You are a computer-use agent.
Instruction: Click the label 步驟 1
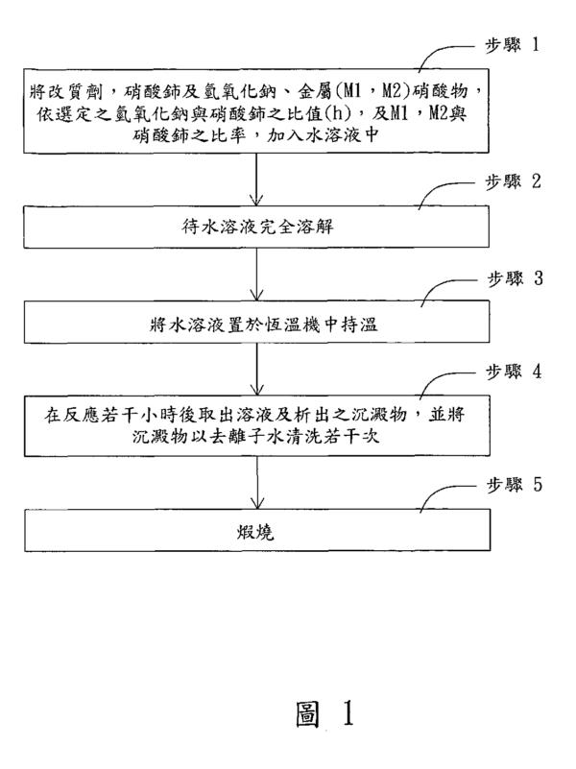pyautogui.click(x=513, y=45)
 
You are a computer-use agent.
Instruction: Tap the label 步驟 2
pyautogui.click(x=514, y=181)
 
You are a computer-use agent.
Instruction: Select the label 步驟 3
pyautogui.click(x=515, y=278)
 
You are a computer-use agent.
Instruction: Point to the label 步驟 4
pyautogui.click(x=514, y=372)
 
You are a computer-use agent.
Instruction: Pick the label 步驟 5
pyautogui.click(x=515, y=485)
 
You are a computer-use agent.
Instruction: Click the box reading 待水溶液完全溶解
pyautogui.click(x=256, y=227)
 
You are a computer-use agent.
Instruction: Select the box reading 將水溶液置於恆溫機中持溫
pyautogui.click(x=257, y=322)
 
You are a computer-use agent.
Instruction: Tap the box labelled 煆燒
pyautogui.click(x=257, y=530)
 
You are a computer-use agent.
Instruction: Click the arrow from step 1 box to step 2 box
pyautogui.click(x=256, y=179)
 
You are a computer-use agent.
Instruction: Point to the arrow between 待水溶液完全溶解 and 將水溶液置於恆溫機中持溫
pyautogui.click(x=257, y=275)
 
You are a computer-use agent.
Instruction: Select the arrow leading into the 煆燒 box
pyautogui.click(x=257, y=483)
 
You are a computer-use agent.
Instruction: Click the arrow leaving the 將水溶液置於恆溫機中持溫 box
pyautogui.click(x=257, y=369)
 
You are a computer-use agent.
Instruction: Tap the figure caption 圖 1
pyautogui.click(x=324, y=713)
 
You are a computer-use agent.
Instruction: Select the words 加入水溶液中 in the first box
pyautogui.click(x=323, y=134)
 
